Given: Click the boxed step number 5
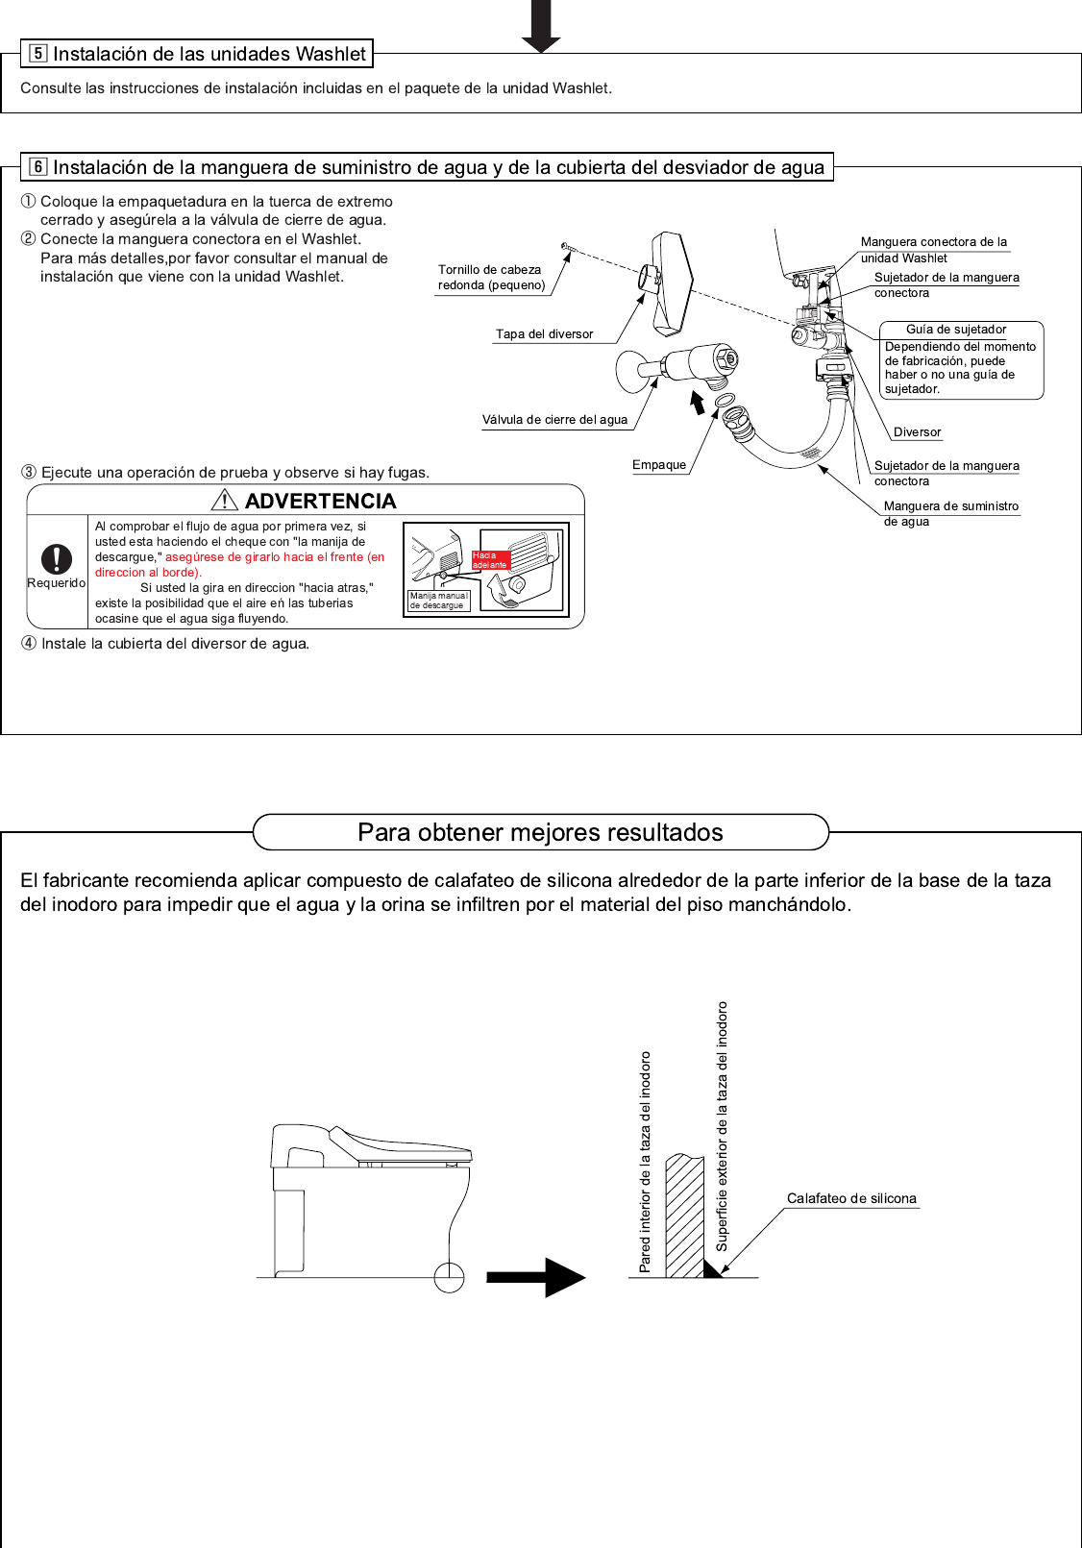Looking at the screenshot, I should (38, 54).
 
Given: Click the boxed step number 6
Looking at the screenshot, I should (38, 167).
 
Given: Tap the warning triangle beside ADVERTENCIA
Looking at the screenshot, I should (224, 500).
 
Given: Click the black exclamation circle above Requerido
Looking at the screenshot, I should (57, 558).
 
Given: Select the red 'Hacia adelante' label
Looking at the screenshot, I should (490, 560).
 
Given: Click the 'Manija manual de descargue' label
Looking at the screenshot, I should (438, 601).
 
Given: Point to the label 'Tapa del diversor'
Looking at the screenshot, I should (544, 334).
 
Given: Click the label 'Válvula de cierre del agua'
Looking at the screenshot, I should (554, 420).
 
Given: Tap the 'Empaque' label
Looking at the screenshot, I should (659, 465).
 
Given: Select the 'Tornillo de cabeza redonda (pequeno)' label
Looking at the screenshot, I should (491, 278).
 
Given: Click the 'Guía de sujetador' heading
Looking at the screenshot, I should (956, 330).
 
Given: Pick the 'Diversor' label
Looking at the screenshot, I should (917, 432).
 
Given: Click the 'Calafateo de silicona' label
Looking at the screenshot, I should (851, 1199).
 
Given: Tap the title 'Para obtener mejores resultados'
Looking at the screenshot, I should (540, 832).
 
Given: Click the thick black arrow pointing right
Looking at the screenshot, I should (535, 1277).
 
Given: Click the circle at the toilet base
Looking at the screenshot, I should (449, 1278).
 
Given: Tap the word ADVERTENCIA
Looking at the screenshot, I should (320, 501).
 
